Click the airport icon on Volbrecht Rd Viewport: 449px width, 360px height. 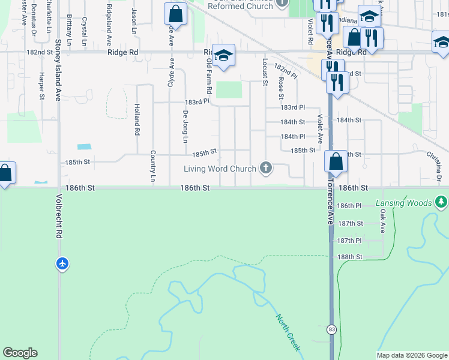[x=63, y=263]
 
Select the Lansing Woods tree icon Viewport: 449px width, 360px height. [x=442, y=202]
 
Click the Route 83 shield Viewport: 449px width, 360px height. [x=331, y=329]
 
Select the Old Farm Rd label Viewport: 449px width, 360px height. [x=209, y=76]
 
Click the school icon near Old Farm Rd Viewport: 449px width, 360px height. [x=223, y=56]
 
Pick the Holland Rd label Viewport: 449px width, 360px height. [x=137, y=118]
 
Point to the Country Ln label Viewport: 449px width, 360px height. [x=153, y=166]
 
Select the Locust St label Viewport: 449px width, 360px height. [x=265, y=72]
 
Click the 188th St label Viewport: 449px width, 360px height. [x=350, y=257]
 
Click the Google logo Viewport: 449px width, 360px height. [x=20, y=353]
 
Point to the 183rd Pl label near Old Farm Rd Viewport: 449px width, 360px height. [x=197, y=101]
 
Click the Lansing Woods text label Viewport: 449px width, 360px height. [x=403, y=203]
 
